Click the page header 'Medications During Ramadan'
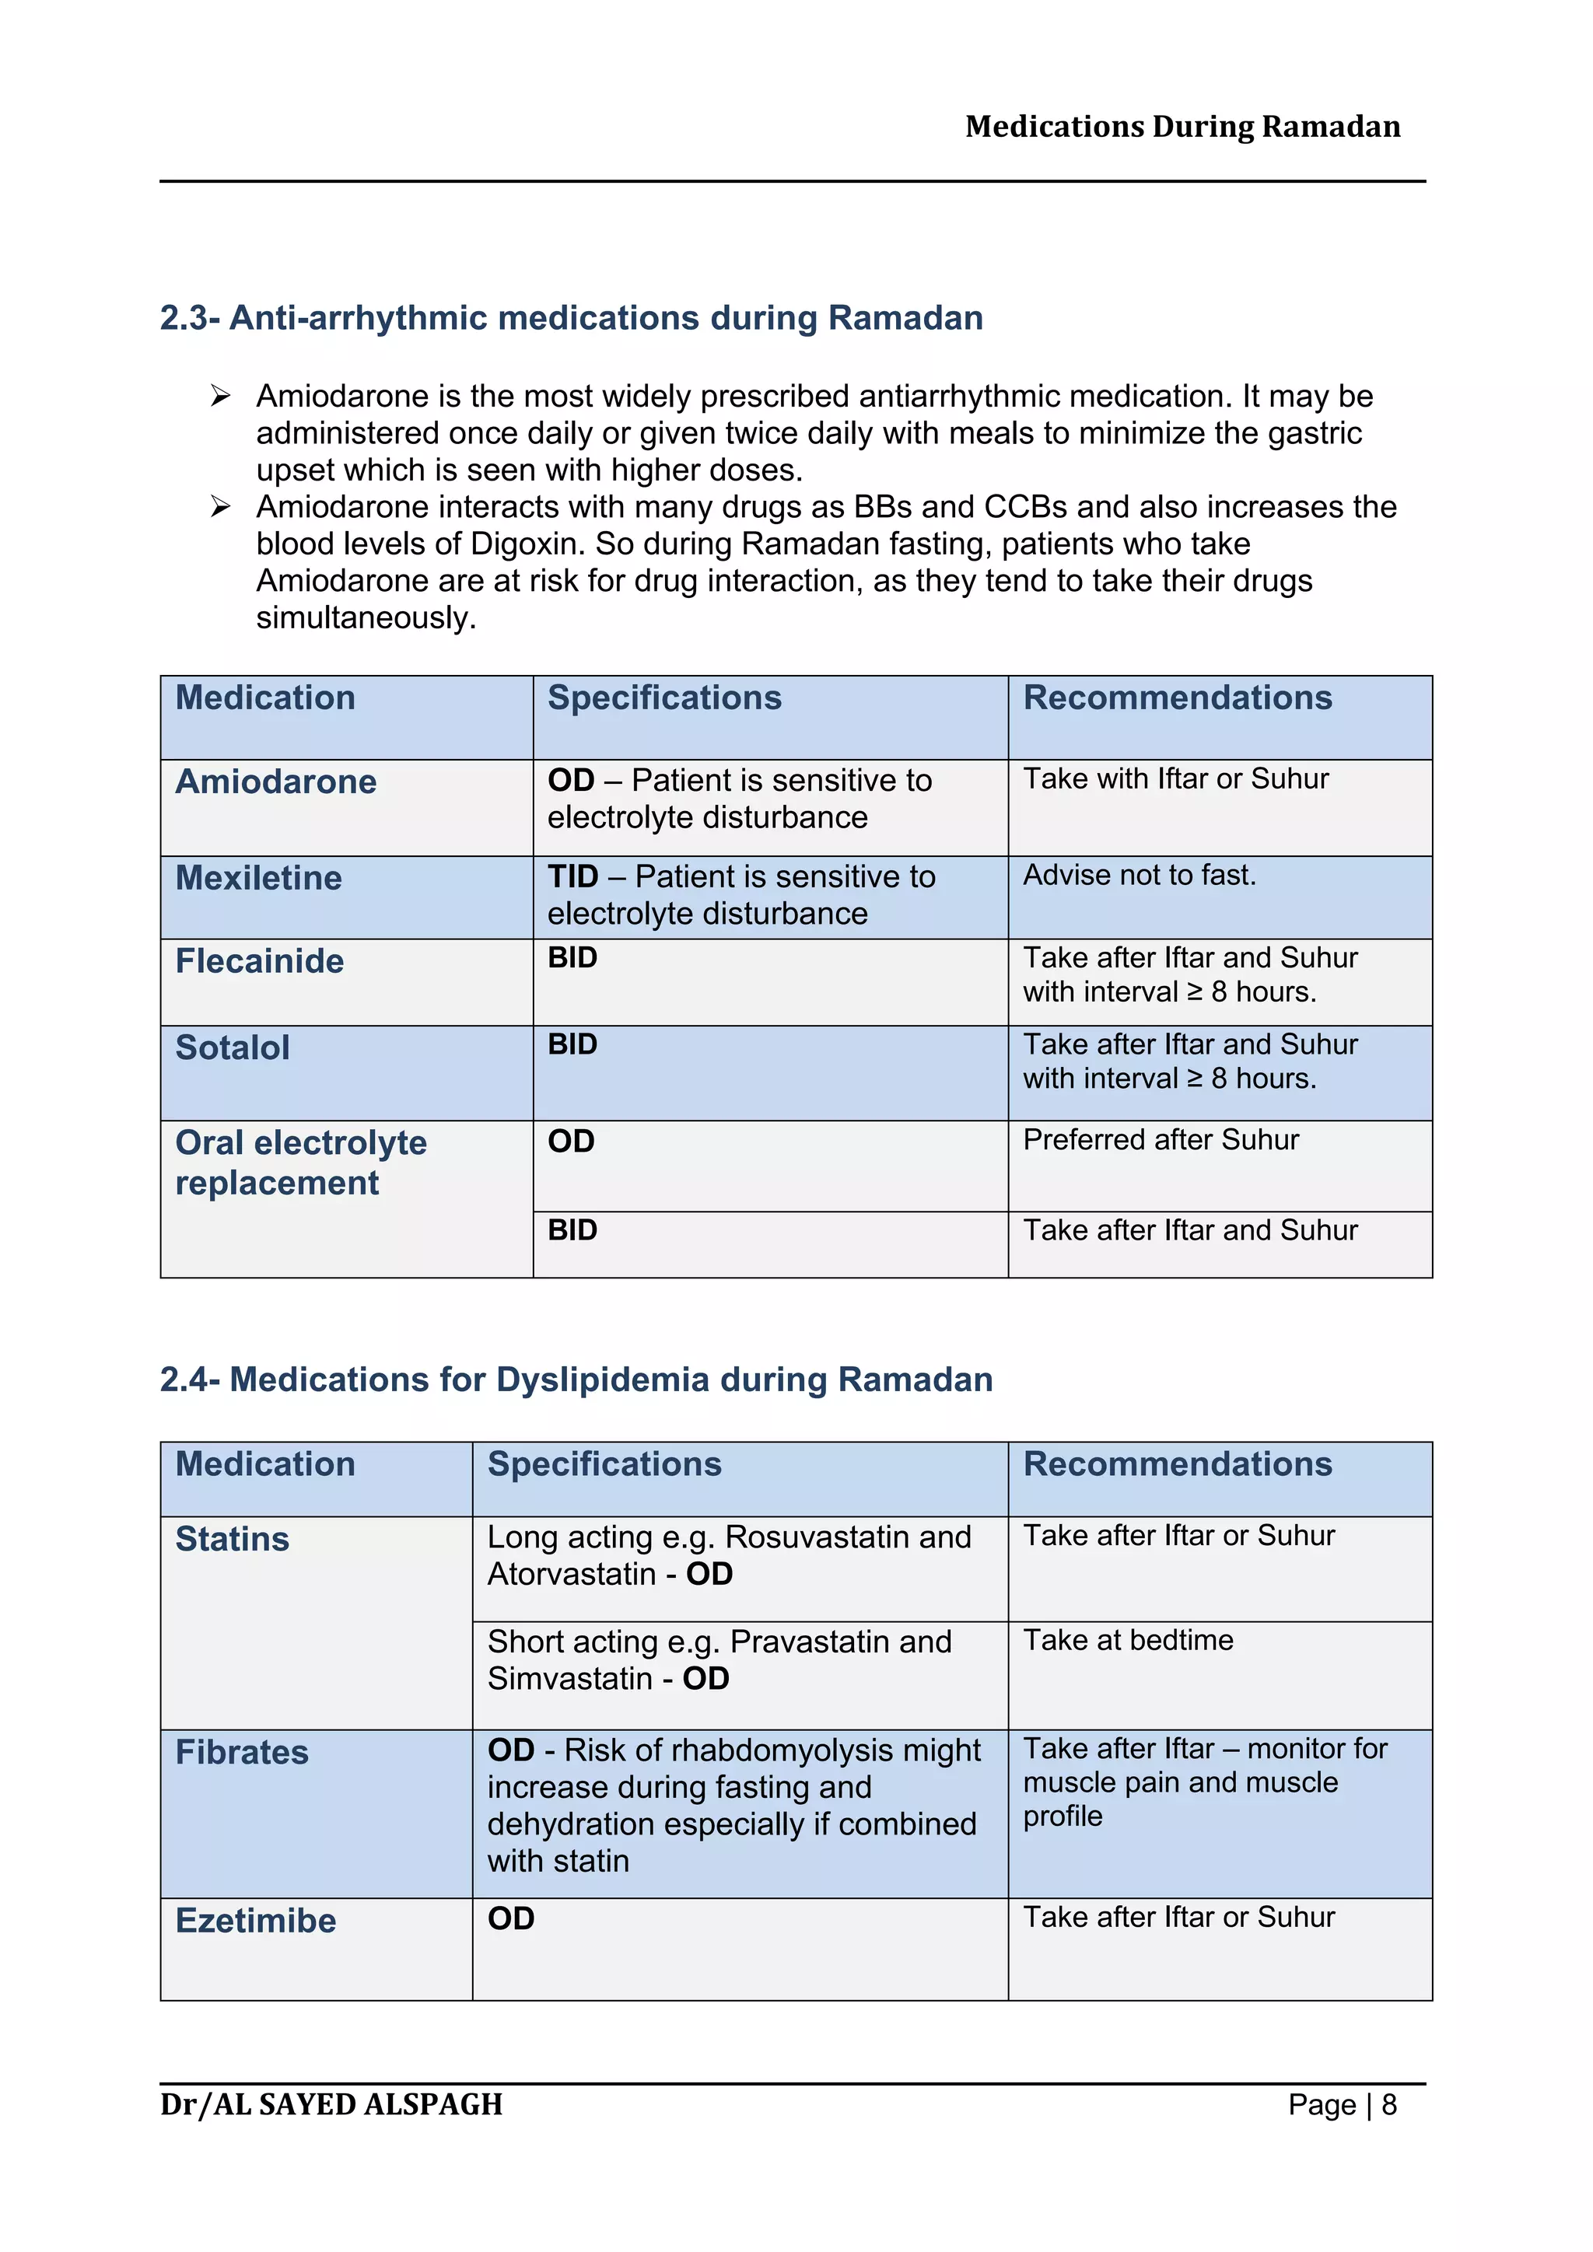point(1182,127)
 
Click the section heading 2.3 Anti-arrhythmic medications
point(571,318)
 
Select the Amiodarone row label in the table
point(275,782)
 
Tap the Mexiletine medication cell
point(259,878)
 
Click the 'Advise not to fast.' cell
point(1139,875)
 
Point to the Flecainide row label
point(260,961)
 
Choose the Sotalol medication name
point(233,1047)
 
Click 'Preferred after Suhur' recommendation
point(1161,1140)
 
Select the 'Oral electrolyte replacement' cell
point(301,1163)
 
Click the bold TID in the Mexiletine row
point(572,876)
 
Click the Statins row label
point(233,1539)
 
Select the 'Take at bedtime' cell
point(1128,1640)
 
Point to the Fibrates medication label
point(242,1752)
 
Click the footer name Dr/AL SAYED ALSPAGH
point(331,2105)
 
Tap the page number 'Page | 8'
point(1342,2105)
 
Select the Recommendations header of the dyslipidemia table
point(1177,1463)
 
